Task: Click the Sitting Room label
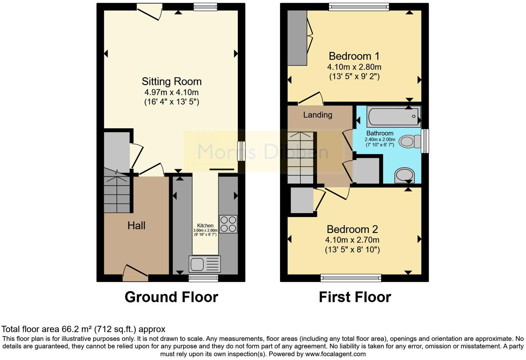click(x=171, y=82)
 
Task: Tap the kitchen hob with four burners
click(x=228, y=224)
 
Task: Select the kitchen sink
click(x=204, y=264)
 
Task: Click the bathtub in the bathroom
click(x=393, y=117)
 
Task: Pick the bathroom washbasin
click(x=404, y=175)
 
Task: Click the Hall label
click(x=136, y=226)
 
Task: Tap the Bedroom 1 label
click(x=354, y=56)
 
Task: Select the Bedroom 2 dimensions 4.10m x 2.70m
click(x=352, y=240)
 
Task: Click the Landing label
click(x=318, y=115)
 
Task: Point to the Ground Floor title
click(x=171, y=297)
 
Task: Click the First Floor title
click(x=355, y=297)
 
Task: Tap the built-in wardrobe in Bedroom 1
click(x=297, y=38)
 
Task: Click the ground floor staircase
click(x=117, y=194)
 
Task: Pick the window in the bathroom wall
click(x=425, y=141)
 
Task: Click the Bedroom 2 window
click(x=351, y=278)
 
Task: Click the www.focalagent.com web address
click(x=335, y=354)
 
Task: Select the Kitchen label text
click(x=205, y=226)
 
